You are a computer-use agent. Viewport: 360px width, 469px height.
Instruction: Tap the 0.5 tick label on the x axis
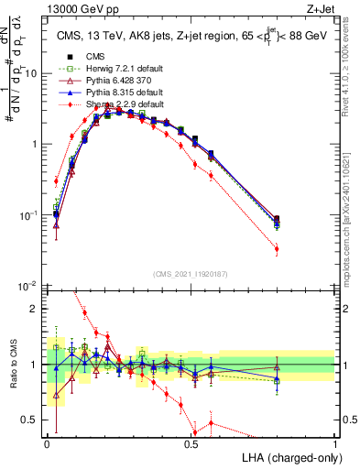click(x=191, y=443)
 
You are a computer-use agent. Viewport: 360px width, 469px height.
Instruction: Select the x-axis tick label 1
click(x=335, y=443)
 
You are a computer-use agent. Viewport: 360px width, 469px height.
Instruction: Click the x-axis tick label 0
click(x=48, y=443)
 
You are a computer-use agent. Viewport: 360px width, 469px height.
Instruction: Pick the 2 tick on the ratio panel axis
click(x=37, y=310)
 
